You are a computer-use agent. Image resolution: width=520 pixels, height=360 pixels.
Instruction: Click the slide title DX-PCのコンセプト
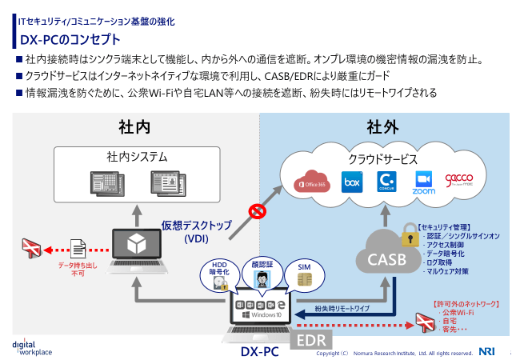click(70, 39)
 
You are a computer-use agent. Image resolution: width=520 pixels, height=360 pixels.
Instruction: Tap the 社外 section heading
click(382, 127)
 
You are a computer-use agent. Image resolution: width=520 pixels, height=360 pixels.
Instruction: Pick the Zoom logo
click(424, 183)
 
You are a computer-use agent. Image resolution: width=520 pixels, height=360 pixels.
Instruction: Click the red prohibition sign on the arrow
click(258, 211)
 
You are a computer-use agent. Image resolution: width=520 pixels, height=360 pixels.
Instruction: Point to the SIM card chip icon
click(304, 279)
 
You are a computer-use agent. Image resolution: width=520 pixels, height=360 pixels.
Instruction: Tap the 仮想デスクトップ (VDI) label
click(196, 231)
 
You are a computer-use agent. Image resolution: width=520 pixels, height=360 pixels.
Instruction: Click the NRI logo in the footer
click(487, 350)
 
